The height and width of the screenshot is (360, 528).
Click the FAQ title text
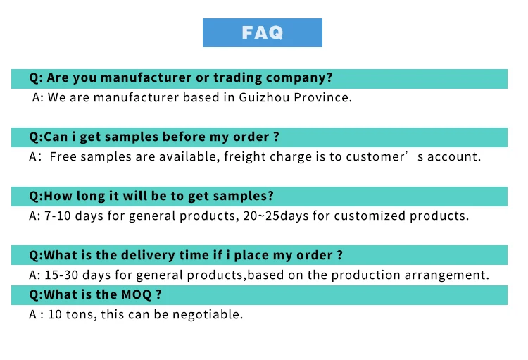pyautogui.click(x=263, y=32)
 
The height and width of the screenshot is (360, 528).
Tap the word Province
pyautogui.click(x=322, y=97)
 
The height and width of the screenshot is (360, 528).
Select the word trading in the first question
pyautogui.click(x=237, y=78)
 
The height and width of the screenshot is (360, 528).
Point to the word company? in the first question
pyautogui.click(x=299, y=78)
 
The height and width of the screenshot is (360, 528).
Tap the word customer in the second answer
pyautogui.click(x=375, y=156)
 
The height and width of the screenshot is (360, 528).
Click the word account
pyautogui.click(x=453, y=156)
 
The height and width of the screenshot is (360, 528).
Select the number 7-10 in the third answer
pyautogui.click(x=58, y=216)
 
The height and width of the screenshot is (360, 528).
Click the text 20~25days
pyautogui.click(x=276, y=216)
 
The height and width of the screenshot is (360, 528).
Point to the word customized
pyautogui.click(x=370, y=216)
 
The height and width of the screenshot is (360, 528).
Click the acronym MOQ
pyautogui.click(x=136, y=295)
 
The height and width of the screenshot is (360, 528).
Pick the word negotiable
pyautogui.click(x=208, y=315)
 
